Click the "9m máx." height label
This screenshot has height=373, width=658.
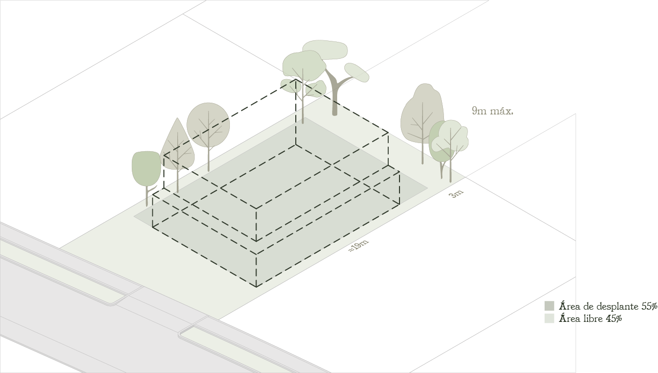(492, 111)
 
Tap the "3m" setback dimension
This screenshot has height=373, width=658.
(456, 194)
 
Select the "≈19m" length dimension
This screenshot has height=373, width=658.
(359, 246)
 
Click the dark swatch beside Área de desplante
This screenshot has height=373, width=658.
(549, 306)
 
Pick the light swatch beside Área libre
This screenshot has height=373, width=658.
(549, 318)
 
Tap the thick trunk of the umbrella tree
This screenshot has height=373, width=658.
(334, 94)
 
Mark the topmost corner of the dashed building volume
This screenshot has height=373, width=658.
(295, 79)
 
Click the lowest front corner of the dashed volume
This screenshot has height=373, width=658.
(256, 287)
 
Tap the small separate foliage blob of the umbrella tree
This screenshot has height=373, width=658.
(357, 73)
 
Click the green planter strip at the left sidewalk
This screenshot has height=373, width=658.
(62, 272)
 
